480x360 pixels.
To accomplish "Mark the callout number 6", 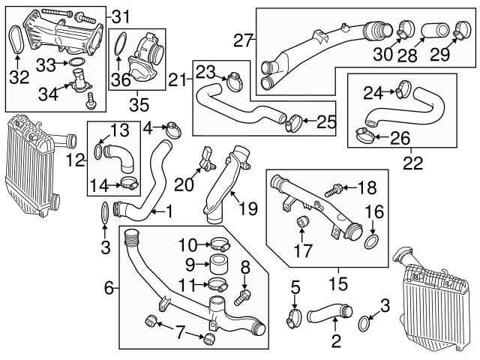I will click(x=108, y=287).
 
